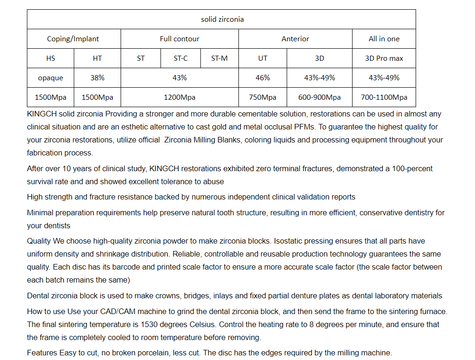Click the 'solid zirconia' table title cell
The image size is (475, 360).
[x=222, y=19]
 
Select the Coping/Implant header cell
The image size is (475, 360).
[x=73, y=39]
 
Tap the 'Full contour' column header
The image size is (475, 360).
[x=180, y=39]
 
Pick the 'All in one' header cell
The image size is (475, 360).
[x=384, y=39]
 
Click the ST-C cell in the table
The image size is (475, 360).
[x=180, y=58]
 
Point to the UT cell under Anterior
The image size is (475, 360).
[x=263, y=58]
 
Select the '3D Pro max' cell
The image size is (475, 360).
[x=384, y=58]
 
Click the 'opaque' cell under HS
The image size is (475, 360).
[x=50, y=78]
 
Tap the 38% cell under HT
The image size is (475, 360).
[x=97, y=78]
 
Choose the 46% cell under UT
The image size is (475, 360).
[x=263, y=78]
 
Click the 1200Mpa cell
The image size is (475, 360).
[x=180, y=97]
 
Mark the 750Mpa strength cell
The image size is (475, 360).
[x=263, y=97]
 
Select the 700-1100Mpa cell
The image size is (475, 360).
[x=384, y=97]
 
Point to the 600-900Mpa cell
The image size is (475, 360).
[x=319, y=97]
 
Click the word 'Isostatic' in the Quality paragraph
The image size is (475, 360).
[x=289, y=241]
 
